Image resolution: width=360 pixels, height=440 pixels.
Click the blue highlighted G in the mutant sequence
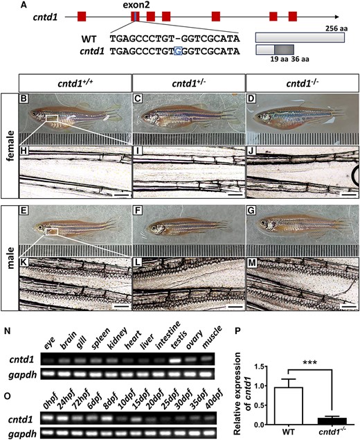point(178,51)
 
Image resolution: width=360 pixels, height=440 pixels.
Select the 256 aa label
point(336,28)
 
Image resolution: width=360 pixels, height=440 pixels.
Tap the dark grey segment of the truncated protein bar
point(284,49)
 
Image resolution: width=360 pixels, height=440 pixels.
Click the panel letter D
point(251,99)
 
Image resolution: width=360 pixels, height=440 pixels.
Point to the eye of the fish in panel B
point(34,114)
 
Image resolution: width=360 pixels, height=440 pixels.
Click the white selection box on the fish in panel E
point(51,231)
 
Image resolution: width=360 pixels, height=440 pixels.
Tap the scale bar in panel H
point(123,194)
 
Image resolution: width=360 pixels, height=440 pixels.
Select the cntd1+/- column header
point(189,84)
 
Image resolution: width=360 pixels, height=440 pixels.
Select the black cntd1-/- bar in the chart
point(332,421)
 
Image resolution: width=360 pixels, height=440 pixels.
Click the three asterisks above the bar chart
point(310,363)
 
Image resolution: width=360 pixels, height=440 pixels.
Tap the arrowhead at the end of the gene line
point(336,17)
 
